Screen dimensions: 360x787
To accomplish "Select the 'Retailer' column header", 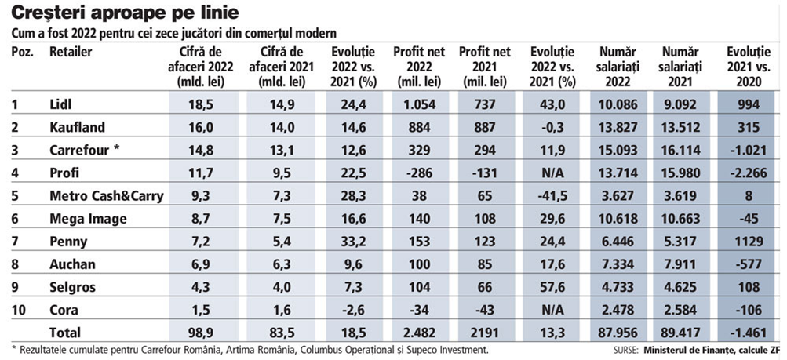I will (71, 52).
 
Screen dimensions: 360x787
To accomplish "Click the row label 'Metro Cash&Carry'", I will (106, 195).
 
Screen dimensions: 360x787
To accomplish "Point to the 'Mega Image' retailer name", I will (87, 219).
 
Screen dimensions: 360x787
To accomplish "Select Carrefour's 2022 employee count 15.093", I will (616, 150).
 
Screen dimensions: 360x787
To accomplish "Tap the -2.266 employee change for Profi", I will (749, 173).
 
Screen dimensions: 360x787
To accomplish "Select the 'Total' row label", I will (65, 333).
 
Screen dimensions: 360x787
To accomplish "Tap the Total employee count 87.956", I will (616, 333).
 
